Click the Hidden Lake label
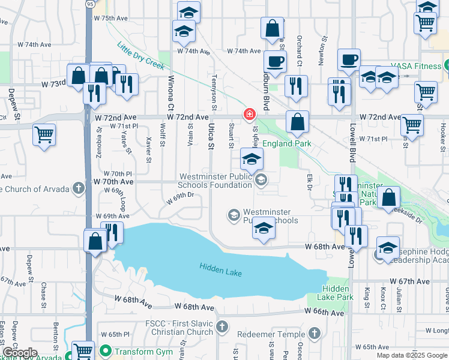pyautogui.click(x=221, y=272)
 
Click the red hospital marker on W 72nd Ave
pyautogui.click(x=249, y=114)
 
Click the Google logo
pyautogui.click(x=19, y=353)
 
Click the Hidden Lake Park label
pyautogui.click(x=337, y=293)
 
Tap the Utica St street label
pyautogui.click(x=211, y=136)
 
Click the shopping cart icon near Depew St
pyautogui.click(x=44, y=134)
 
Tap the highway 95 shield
pyautogui.click(x=89, y=4)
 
